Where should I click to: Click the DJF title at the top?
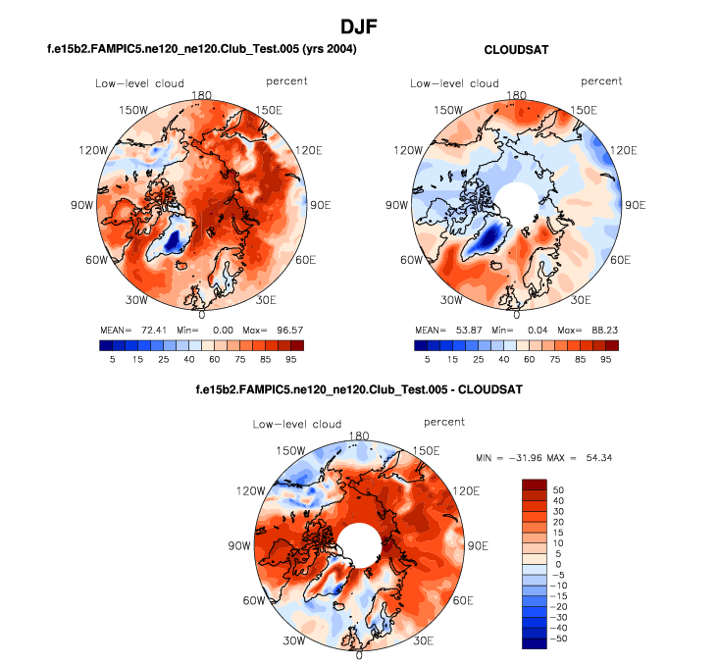tap(360, 25)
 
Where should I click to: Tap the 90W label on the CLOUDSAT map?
tap(397, 205)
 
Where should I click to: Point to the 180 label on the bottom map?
tap(359, 435)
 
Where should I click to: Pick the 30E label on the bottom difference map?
tap(424, 639)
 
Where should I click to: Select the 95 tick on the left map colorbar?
tap(291, 360)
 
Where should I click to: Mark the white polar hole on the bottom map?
tap(359, 543)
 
